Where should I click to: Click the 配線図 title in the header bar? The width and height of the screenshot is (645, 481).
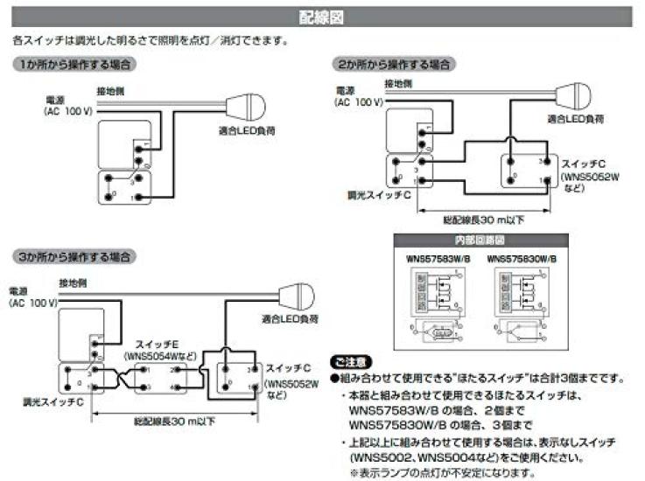(322, 17)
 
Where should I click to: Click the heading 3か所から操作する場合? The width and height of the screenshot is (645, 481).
(74, 257)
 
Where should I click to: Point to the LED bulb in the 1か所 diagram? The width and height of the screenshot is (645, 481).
(244, 108)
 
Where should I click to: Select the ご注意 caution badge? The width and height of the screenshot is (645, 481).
(351, 361)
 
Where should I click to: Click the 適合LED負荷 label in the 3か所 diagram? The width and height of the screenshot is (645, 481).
(288, 319)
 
